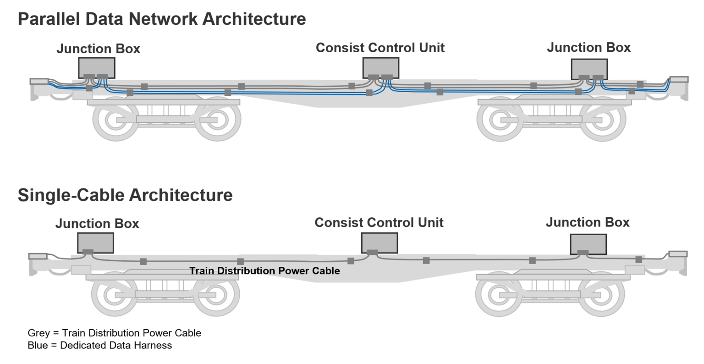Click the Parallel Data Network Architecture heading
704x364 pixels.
pos(162,19)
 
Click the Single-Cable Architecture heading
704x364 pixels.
pos(125,195)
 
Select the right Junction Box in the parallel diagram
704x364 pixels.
pos(589,68)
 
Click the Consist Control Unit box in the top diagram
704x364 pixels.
pos(380,67)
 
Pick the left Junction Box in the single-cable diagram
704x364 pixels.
pos(95,243)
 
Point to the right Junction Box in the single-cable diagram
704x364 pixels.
pos(588,243)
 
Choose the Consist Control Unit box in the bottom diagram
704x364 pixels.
pos(379,243)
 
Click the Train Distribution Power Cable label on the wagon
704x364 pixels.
pos(264,271)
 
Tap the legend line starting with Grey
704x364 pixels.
pos(115,333)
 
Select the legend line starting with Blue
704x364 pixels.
pos(100,346)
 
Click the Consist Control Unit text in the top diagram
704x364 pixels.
pos(380,48)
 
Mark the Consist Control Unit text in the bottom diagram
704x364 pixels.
pos(379,223)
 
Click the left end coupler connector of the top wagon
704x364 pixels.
pos(39,82)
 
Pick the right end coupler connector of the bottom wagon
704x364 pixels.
pos(678,254)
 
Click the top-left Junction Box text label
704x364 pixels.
pos(98,49)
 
